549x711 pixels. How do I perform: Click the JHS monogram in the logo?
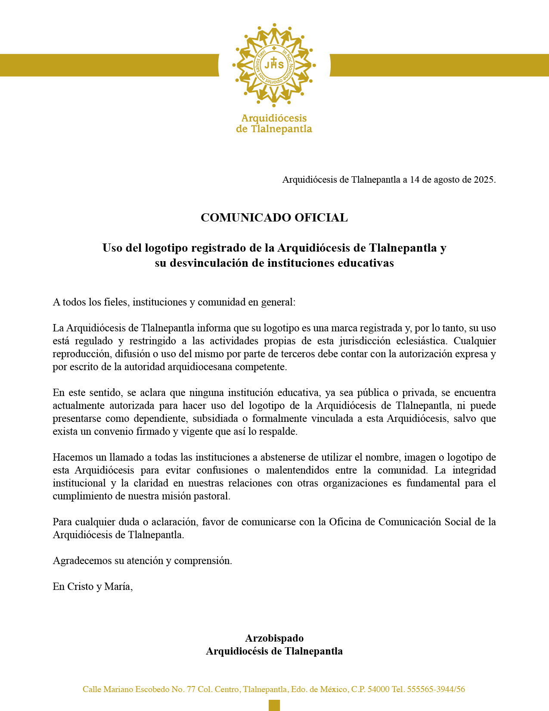pos(274,65)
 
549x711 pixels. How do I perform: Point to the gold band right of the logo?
pos(439,65)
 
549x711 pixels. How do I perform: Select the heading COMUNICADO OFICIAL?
pos(274,218)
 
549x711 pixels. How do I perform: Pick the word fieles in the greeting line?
pos(117,302)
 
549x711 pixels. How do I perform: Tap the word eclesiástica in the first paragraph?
pos(421,341)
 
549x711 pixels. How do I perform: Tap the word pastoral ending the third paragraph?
pos(214,496)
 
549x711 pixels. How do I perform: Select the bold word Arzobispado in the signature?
pos(274,638)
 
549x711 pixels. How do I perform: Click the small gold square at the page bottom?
pos(274,705)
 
